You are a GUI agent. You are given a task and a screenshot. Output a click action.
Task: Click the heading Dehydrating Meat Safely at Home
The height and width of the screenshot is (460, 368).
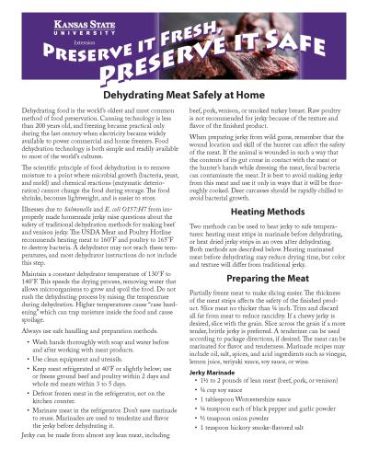coord(184,119)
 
